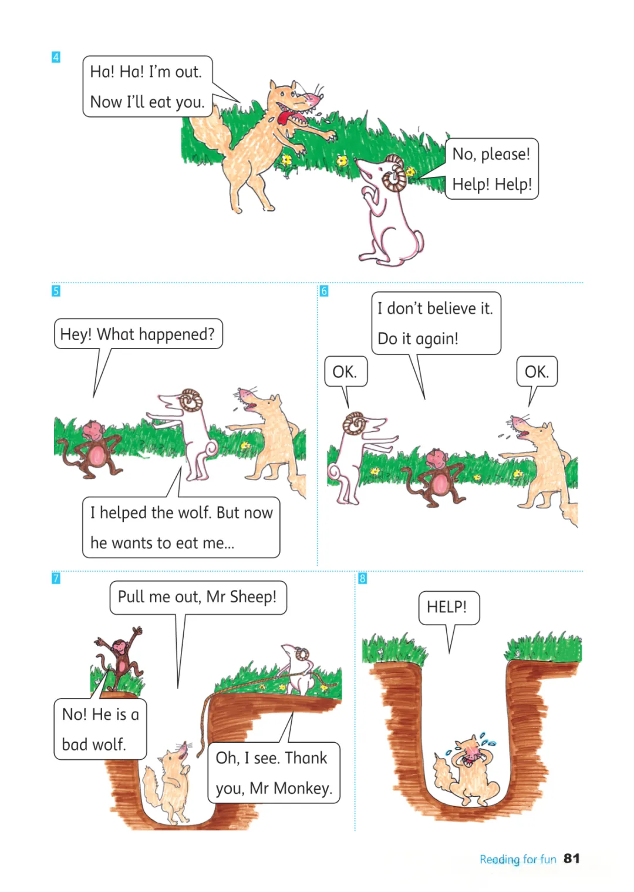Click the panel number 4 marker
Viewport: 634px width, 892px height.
(56, 57)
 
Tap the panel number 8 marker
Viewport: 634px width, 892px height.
(362, 578)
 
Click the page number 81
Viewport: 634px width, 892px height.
(571, 859)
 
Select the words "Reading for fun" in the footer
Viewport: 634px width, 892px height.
(517, 859)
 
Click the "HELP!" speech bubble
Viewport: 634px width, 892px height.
(448, 608)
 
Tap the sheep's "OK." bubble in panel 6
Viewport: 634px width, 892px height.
(345, 371)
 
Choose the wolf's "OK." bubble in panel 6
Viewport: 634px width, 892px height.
(537, 371)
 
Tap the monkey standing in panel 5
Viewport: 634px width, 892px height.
(93, 450)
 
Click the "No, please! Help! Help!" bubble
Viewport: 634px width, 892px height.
(491, 169)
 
